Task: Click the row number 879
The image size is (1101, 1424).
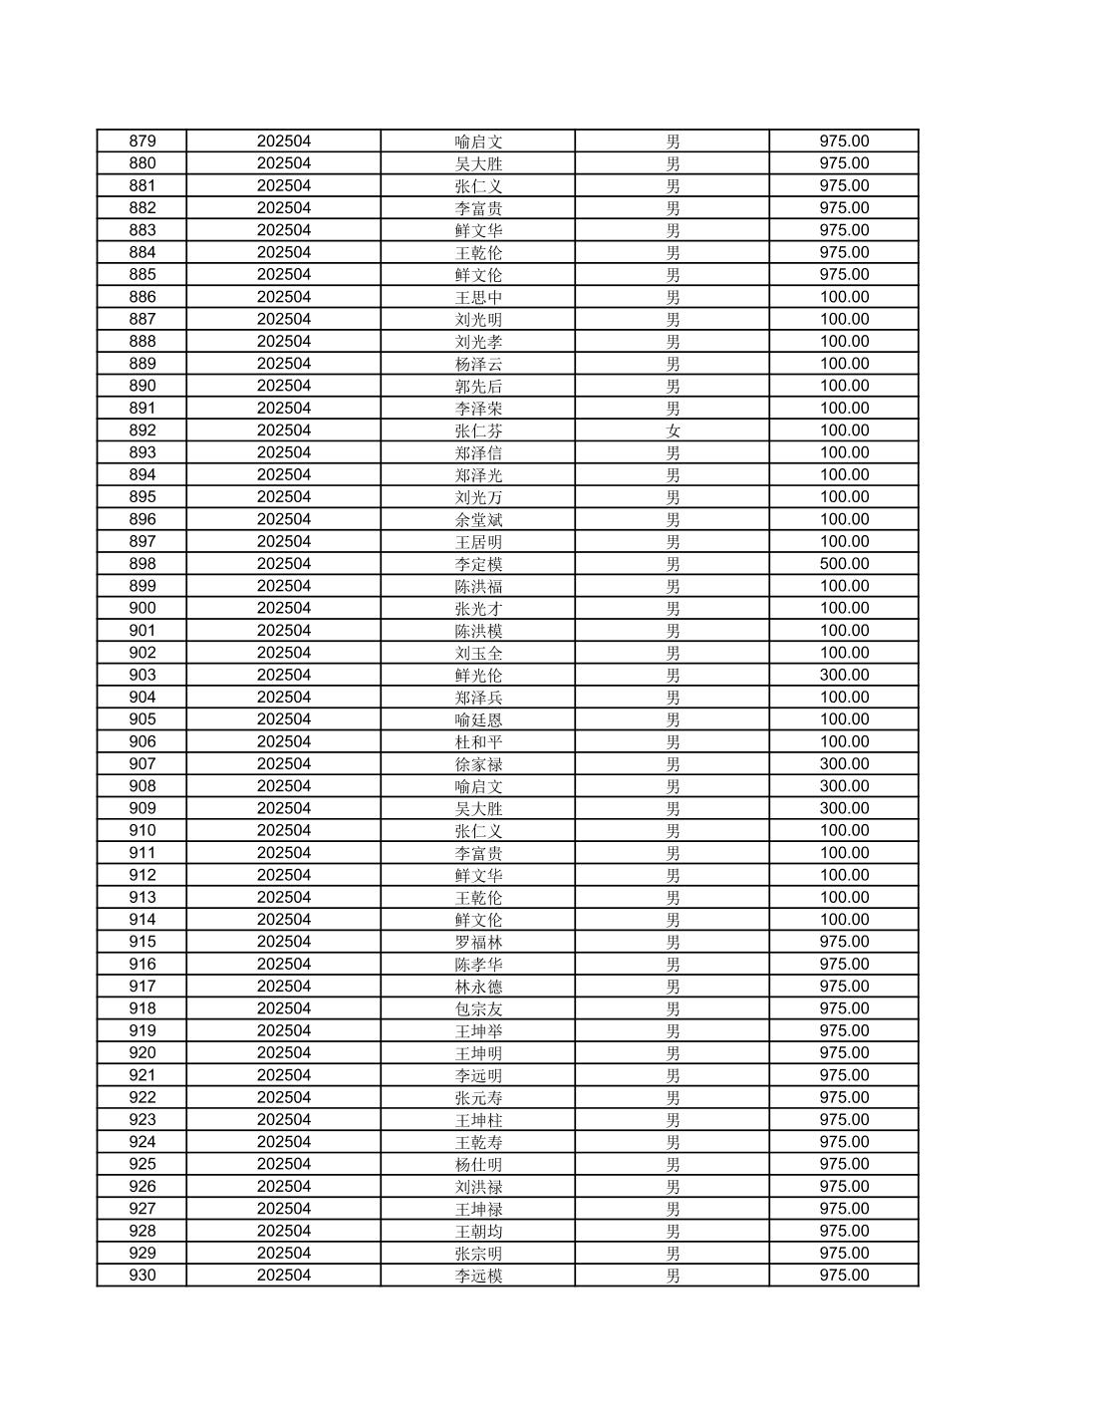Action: pos(142,142)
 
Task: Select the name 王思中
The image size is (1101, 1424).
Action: pos(478,297)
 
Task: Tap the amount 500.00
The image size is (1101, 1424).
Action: pos(844,564)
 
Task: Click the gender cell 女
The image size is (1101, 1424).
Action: pos(674,430)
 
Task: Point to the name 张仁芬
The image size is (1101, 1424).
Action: pos(478,430)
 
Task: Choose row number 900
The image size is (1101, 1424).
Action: pos(142,608)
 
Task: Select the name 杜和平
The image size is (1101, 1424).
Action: pos(478,741)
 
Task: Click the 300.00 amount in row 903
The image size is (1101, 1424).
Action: pos(844,675)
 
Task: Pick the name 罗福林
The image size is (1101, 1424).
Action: pos(478,942)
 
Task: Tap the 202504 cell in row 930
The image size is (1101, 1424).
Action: pos(284,1276)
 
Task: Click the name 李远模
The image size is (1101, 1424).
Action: pos(478,1276)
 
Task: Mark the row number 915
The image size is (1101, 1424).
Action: pos(142,942)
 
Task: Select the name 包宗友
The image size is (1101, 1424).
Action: pos(478,1008)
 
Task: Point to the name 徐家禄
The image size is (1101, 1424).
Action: pos(478,764)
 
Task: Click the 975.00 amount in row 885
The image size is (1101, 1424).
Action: pos(844,275)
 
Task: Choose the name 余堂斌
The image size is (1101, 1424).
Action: pos(478,519)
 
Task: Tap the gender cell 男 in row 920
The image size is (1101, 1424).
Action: pos(674,1053)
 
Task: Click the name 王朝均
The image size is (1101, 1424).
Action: pos(478,1231)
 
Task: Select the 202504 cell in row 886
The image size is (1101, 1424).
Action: pos(284,297)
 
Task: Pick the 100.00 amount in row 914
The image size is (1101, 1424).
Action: pos(844,920)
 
